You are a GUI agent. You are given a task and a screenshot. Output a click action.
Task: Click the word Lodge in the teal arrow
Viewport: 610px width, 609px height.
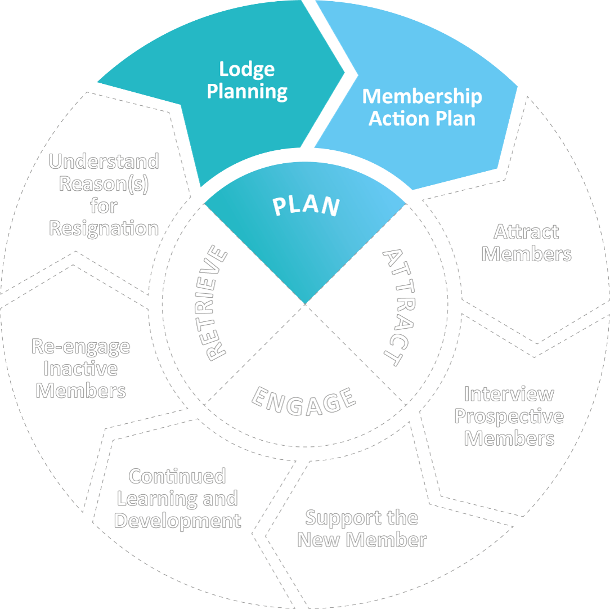pyautogui.click(x=247, y=69)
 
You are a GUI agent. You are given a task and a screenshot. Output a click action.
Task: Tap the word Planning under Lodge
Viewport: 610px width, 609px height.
pyautogui.click(x=247, y=92)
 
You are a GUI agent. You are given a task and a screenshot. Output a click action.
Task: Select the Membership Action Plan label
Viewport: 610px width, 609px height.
pyautogui.click(x=422, y=108)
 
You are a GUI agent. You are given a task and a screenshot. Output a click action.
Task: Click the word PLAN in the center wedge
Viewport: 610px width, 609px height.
pyautogui.click(x=307, y=206)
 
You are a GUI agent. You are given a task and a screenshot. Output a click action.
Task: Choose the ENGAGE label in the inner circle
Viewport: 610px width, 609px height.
pyautogui.click(x=304, y=401)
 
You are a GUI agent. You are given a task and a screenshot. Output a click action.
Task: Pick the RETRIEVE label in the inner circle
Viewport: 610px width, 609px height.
pyautogui.click(x=216, y=304)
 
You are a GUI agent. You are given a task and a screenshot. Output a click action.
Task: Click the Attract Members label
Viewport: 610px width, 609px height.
pyautogui.click(x=526, y=243)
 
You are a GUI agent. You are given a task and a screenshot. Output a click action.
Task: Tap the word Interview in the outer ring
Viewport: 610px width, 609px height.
pyautogui.click(x=509, y=394)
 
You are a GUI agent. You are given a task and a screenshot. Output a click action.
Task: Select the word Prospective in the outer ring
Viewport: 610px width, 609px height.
pyautogui.click(x=509, y=417)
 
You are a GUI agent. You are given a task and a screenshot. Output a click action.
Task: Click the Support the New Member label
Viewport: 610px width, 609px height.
pyautogui.click(x=362, y=529)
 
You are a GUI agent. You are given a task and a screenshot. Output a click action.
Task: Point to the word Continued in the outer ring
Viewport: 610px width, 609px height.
pyautogui.click(x=177, y=476)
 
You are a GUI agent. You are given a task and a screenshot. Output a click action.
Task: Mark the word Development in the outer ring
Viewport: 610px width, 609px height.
pyautogui.click(x=178, y=521)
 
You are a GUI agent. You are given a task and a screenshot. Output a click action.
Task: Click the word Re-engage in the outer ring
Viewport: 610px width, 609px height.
pyautogui.click(x=80, y=347)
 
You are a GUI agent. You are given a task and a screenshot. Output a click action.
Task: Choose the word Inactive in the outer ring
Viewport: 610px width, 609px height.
pyautogui.click(x=80, y=369)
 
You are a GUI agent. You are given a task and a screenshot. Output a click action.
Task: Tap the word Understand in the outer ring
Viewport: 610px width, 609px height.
pyautogui.click(x=104, y=162)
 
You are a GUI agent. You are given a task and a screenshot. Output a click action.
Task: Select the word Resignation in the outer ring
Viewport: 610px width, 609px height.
pyautogui.click(x=104, y=229)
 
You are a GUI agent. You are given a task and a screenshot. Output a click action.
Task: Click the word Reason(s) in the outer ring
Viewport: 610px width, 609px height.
pyautogui.click(x=104, y=185)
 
